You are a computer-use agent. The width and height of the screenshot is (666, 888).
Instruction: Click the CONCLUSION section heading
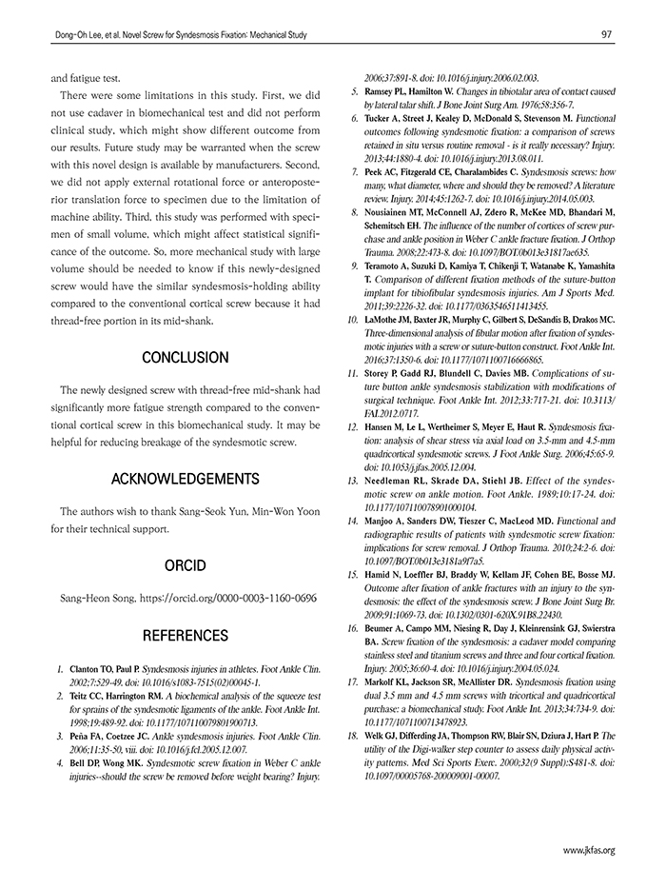[185, 358]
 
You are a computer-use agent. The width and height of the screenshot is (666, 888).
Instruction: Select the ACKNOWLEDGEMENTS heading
[185, 478]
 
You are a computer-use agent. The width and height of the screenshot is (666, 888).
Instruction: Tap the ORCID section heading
[185, 566]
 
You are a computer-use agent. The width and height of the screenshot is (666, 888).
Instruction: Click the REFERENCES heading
[185, 635]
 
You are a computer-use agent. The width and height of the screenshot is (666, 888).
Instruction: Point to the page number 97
[606, 34]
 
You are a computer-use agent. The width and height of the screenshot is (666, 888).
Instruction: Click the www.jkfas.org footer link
[589, 850]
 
